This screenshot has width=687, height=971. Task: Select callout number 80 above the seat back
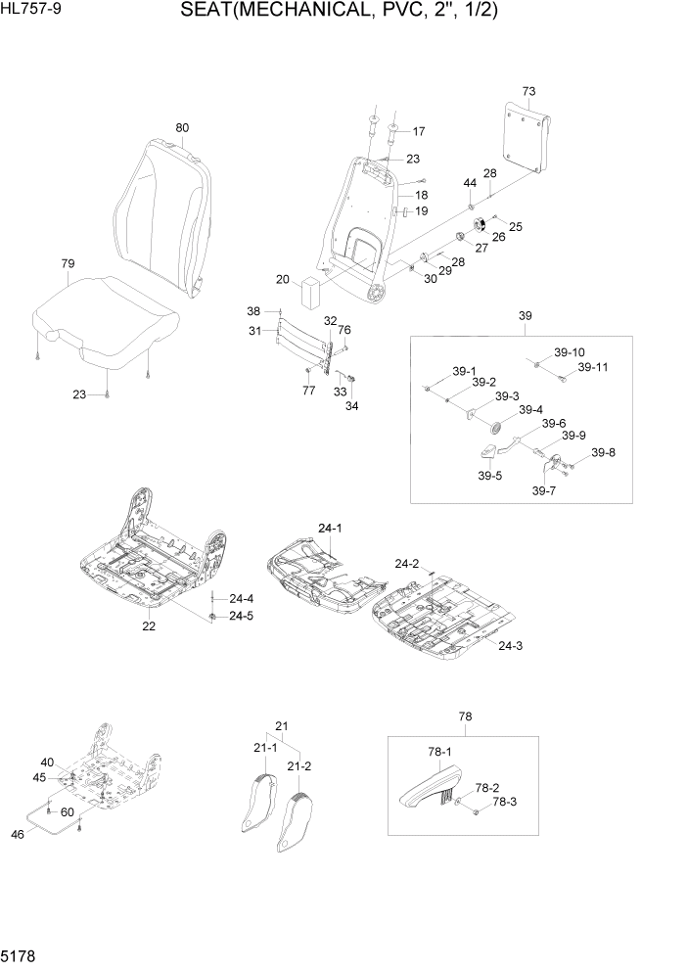pos(182,127)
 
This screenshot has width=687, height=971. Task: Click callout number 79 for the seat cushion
pos(68,263)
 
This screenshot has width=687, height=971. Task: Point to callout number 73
pos(528,91)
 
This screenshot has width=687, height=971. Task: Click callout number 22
pos(149,626)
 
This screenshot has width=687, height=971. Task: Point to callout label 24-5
pos(241,616)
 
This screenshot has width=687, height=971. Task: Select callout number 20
pos(282,280)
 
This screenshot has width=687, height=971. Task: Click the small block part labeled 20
pos(312,291)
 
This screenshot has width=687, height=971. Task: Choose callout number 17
pos(419,131)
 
